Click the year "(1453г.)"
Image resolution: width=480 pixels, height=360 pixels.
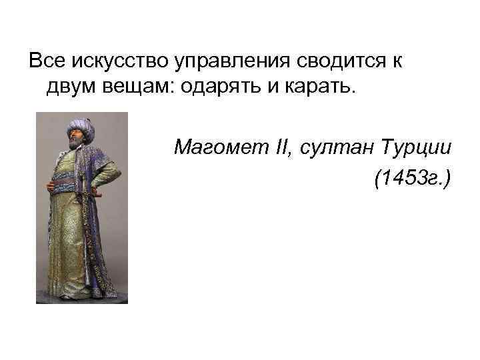pyautogui.click(x=413, y=178)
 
